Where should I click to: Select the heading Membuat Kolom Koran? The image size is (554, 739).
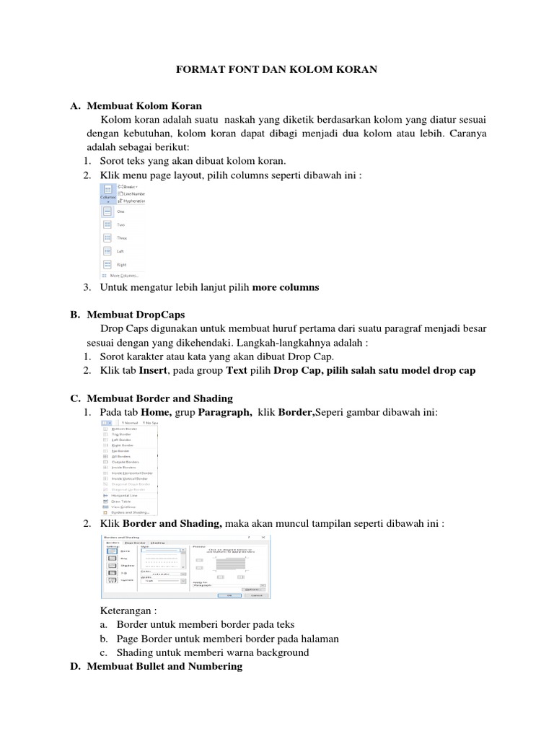click(x=144, y=106)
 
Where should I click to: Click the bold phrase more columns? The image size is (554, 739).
click(x=285, y=287)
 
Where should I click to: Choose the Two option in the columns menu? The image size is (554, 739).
click(x=120, y=224)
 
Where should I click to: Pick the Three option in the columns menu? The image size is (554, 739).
click(x=122, y=237)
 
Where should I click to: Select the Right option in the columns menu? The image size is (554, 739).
click(x=121, y=264)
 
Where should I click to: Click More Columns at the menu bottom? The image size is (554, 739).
click(x=123, y=276)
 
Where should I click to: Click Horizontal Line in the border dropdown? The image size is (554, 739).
click(x=126, y=496)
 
